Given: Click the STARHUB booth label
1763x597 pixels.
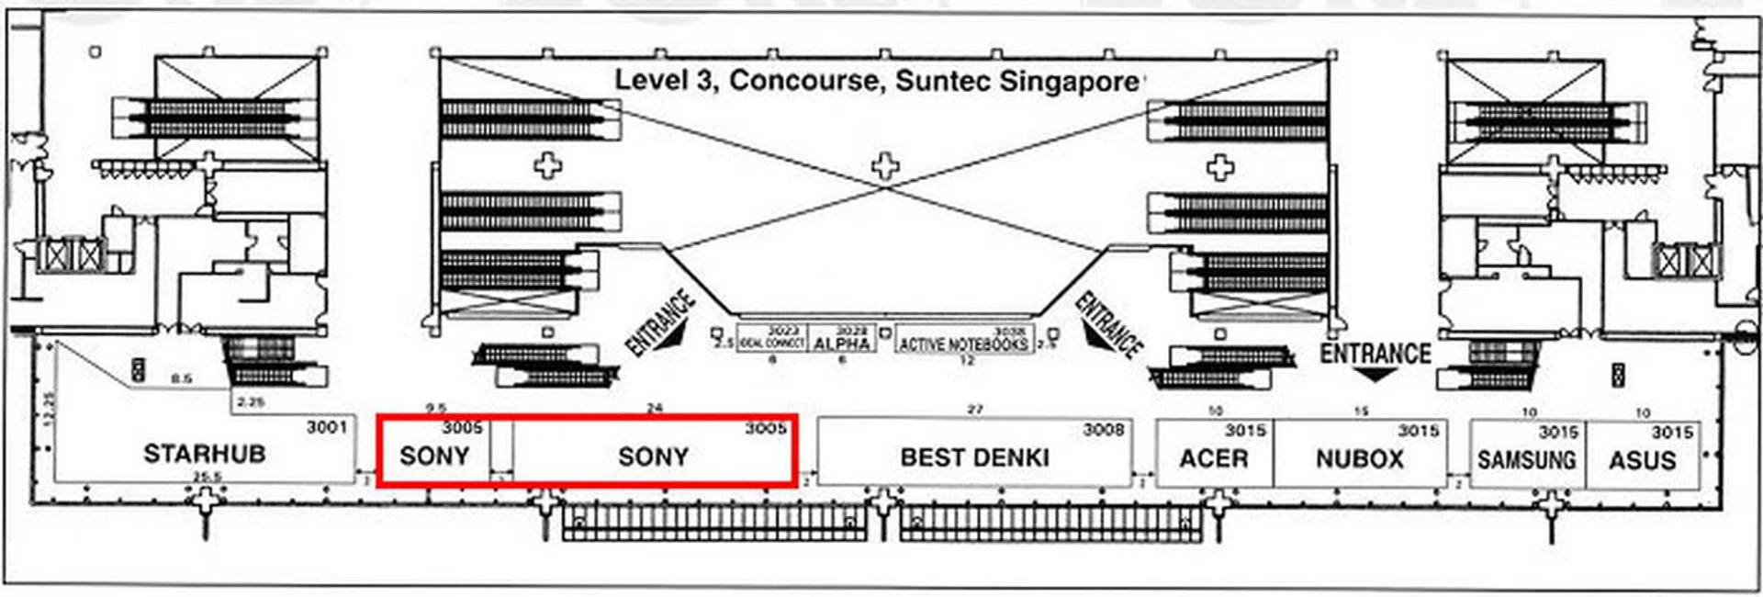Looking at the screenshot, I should tap(204, 454).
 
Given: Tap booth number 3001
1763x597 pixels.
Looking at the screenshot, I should tap(327, 427).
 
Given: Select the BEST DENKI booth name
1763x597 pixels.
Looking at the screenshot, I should tap(974, 457).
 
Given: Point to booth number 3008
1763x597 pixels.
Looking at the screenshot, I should tap(1103, 430).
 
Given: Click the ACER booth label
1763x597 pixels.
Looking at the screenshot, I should tap(1213, 458).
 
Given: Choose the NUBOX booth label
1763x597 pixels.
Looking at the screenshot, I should tap(1359, 459).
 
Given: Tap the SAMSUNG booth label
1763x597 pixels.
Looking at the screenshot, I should tap(1526, 459).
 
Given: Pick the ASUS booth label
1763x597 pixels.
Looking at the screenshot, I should tap(1642, 460).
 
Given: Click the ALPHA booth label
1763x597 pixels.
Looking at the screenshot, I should tap(841, 344).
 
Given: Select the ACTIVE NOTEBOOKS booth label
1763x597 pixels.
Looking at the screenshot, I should tap(962, 344).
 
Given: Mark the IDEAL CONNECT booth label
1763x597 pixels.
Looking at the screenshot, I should tap(771, 343).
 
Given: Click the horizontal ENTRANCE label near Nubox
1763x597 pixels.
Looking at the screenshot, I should tap(1375, 354).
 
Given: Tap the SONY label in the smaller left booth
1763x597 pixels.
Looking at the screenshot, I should tap(434, 456).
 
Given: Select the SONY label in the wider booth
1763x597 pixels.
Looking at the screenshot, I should tap(653, 457).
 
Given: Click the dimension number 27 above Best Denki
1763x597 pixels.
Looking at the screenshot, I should tap(975, 410).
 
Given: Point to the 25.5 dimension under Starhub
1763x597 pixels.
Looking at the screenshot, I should tap(208, 477).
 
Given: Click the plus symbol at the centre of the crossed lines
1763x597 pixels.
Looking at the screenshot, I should tap(884, 167).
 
